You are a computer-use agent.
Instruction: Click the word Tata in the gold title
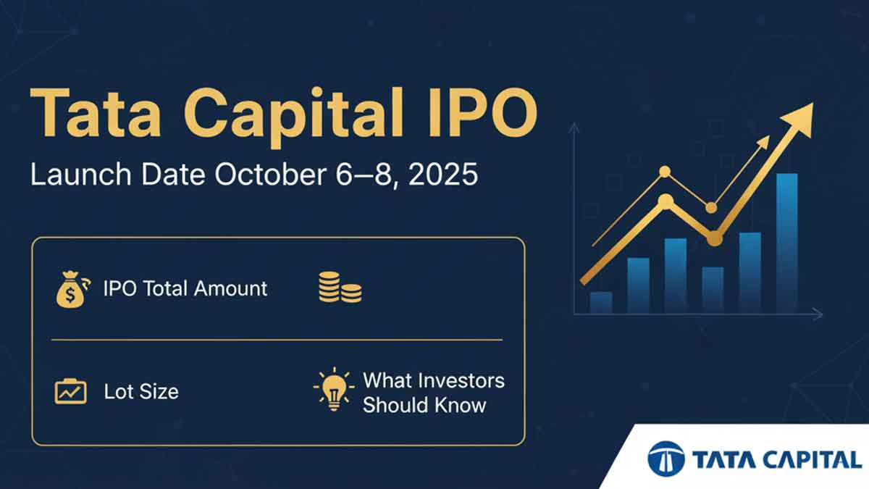96,112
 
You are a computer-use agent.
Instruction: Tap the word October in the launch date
270,175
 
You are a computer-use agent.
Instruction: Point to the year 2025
442,175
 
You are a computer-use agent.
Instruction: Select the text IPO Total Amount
185,289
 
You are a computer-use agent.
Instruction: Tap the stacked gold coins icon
340,287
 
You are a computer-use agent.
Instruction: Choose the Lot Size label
141,391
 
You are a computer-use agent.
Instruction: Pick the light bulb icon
334,389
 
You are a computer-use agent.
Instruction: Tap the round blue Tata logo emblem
666,459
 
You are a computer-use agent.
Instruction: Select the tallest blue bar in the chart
786,243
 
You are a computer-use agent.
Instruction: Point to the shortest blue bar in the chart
601,302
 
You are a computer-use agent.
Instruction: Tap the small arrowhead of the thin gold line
763,142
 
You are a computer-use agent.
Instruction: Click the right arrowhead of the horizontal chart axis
818,314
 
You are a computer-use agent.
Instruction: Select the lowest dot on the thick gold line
714,238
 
